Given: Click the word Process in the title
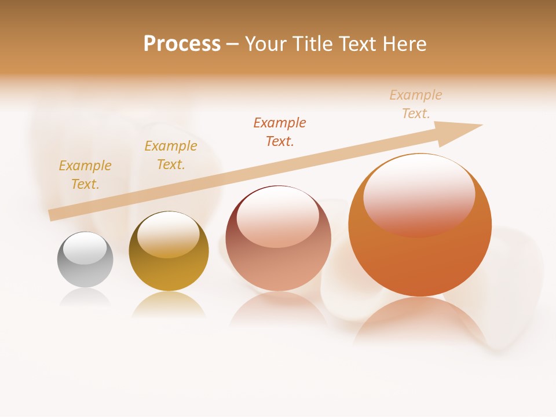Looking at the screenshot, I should tap(182, 44).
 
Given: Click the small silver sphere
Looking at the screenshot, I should tap(85, 260).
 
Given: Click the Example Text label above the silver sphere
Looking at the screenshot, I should tap(85, 175).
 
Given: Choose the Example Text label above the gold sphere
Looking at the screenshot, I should tap(171, 155).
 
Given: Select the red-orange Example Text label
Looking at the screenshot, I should tap(280, 131).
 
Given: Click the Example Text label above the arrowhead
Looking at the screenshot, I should tap(416, 104).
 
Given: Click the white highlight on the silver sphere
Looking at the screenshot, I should tap(85, 248).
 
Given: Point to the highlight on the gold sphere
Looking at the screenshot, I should tap(168, 233).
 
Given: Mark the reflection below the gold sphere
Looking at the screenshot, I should tap(168, 304).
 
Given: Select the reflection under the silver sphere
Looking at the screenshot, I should tap(85, 297).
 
